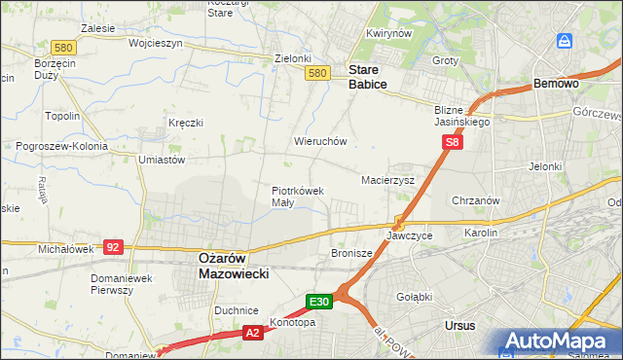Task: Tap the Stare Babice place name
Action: (368, 77)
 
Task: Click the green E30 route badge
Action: (320, 302)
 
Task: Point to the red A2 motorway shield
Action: (251, 333)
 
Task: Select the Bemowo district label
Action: (556, 85)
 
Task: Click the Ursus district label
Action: (458, 326)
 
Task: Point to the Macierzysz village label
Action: (387, 181)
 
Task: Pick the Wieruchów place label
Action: (320, 141)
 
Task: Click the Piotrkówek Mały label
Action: (297, 197)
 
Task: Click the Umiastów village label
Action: (162, 160)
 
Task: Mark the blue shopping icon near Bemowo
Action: (565, 41)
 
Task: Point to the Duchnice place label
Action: (235, 310)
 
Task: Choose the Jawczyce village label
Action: (409, 236)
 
